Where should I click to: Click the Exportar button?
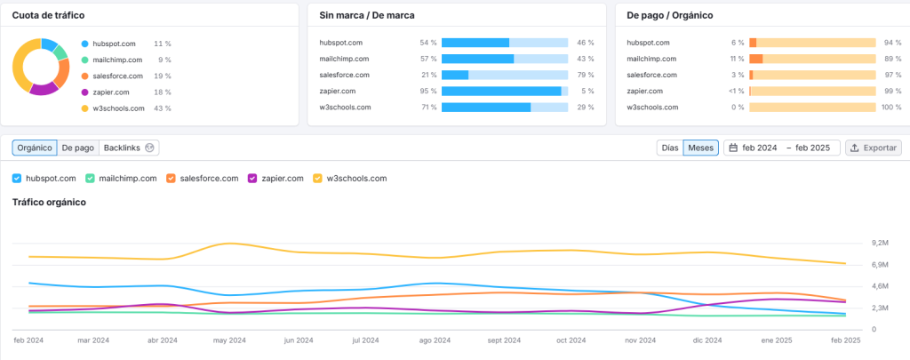(874, 148)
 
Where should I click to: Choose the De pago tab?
(78, 148)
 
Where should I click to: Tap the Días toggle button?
(669, 148)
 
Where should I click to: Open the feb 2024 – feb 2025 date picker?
(782, 148)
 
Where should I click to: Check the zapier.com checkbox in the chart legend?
(252, 179)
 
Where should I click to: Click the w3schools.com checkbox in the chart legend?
(318, 179)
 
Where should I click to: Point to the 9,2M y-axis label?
(880, 243)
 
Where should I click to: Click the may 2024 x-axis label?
(230, 340)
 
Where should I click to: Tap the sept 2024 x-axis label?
(504, 340)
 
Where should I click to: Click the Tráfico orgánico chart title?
(49, 203)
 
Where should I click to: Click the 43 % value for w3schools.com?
(162, 108)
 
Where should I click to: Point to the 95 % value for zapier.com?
(428, 91)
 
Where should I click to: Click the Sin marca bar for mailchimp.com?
(477, 59)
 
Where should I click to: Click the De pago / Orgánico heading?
(669, 15)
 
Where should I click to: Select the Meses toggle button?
(700, 148)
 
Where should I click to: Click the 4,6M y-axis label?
(880, 286)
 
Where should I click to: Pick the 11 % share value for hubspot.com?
(162, 43)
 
